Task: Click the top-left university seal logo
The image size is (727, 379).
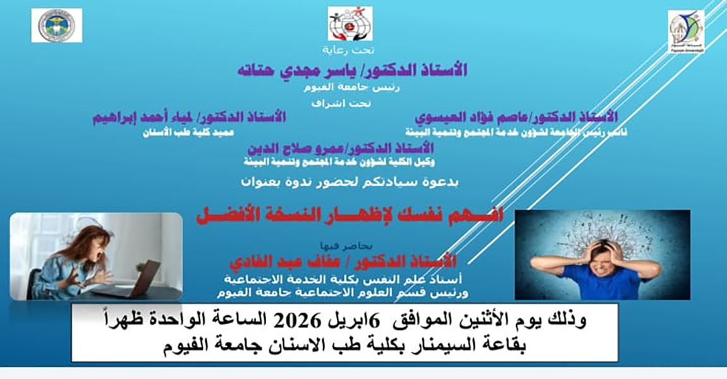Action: [56, 25]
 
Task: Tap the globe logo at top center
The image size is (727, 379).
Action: [350, 24]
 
